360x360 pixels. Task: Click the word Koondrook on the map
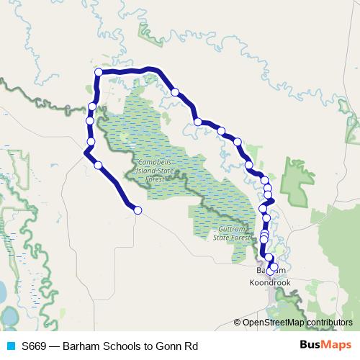click(269, 283)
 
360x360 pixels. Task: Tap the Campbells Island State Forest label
click(157, 170)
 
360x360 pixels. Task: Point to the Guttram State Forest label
click(231, 232)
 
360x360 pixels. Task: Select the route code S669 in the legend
click(34, 346)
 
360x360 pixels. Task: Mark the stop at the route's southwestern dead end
click(138, 210)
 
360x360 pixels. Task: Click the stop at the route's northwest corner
click(99, 72)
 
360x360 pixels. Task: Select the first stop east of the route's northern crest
click(175, 91)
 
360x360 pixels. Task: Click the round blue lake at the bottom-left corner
click(10, 316)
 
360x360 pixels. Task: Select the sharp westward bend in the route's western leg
click(86, 153)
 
